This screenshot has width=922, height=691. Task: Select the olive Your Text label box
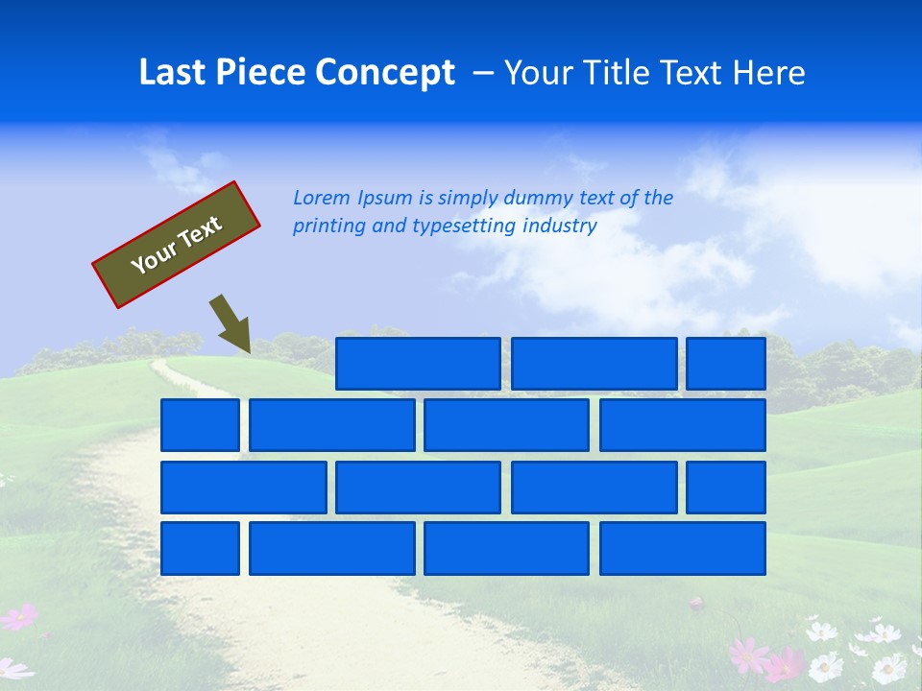(177, 245)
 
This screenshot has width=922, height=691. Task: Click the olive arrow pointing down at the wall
(230, 324)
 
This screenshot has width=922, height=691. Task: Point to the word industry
(560, 226)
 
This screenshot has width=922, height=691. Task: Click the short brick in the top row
(726, 364)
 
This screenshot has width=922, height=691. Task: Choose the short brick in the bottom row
(200, 548)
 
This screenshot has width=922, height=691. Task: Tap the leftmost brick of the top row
(418, 364)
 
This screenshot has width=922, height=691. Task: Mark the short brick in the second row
(200, 425)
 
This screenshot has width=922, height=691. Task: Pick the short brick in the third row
(726, 488)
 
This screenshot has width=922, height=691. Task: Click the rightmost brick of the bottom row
(683, 548)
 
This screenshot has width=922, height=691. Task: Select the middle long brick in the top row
(594, 364)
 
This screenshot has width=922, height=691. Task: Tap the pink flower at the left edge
(19, 617)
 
